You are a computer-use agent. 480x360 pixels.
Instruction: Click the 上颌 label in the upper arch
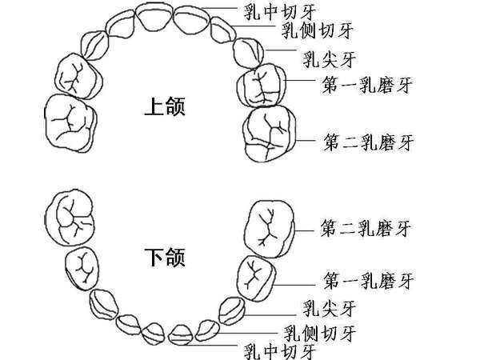(x=166, y=106)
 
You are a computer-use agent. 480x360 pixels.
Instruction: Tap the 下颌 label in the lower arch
(x=166, y=258)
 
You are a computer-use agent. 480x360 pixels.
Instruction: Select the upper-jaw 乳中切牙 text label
(x=271, y=12)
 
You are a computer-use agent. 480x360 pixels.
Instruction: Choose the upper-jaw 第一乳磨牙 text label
(x=368, y=84)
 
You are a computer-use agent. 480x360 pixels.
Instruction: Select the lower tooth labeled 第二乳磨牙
(x=272, y=226)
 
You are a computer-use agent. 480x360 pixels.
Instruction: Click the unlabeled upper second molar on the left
(x=70, y=122)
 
